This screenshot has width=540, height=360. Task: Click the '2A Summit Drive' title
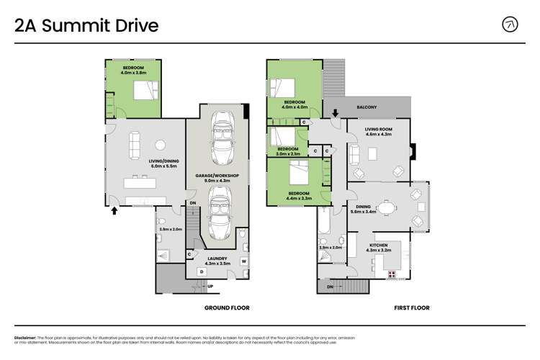(x=86, y=26)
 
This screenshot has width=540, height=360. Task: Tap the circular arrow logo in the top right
(x=510, y=24)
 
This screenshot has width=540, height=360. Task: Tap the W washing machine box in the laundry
(x=243, y=261)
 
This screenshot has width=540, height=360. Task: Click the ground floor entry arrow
(x=114, y=211)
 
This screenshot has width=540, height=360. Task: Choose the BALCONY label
(x=366, y=107)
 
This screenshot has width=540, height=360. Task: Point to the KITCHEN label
(x=379, y=245)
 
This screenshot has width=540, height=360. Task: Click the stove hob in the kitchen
(x=392, y=274)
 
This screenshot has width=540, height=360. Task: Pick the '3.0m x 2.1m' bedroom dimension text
(x=289, y=153)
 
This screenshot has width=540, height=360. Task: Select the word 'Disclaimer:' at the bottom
(x=26, y=337)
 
